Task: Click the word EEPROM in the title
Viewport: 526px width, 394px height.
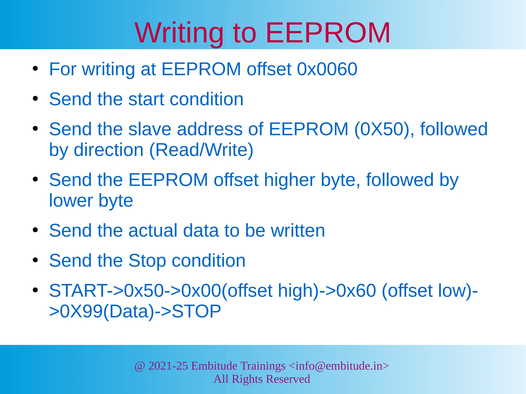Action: click(x=328, y=33)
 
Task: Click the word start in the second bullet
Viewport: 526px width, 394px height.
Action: click(x=146, y=99)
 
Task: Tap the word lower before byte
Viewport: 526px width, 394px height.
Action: click(x=71, y=200)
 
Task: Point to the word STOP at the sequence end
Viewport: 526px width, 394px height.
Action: click(x=196, y=311)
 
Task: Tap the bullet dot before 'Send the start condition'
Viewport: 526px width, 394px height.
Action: click(x=35, y=99)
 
